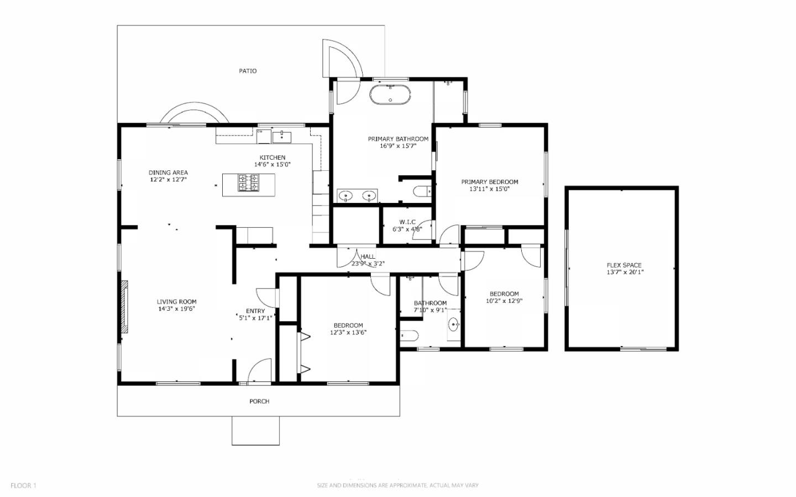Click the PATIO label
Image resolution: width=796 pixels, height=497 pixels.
click(x=248, y=71)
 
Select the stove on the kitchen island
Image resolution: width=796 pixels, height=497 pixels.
click(x=248, y=182)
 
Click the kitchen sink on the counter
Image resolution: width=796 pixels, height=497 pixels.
click(x=281, y=136)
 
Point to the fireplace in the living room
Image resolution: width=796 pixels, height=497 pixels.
click(x=125, y=307)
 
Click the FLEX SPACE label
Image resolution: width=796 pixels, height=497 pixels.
click(x=624, y=265)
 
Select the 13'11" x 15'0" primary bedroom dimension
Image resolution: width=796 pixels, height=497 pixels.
click(x=490, y=189)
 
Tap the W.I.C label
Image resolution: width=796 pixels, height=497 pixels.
click(x=407, y=222)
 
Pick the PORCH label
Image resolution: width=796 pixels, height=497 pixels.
click(x=259, y=401)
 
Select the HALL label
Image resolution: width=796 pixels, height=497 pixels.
click(x=368, y=257)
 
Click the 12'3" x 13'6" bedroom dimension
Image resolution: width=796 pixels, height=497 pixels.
click(x=348, y=332)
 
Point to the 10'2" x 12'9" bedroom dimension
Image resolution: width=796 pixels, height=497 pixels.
click(x=504, y=301)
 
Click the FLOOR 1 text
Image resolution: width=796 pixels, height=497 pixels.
click(x=23, y=485)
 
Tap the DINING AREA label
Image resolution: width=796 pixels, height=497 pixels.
click(x=168, y=172)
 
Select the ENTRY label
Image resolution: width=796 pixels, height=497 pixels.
click(x=255, y=311)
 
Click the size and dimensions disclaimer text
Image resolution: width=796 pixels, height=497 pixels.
click(x=397, y=485)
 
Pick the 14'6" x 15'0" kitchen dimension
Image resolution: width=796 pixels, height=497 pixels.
click(x=273, y=164)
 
